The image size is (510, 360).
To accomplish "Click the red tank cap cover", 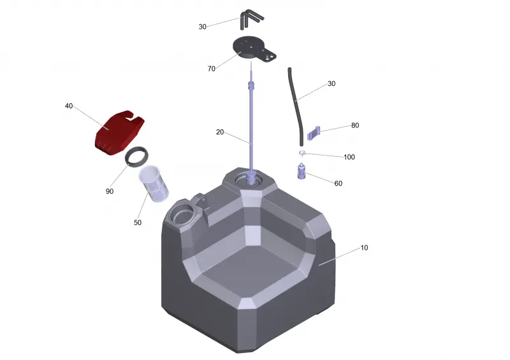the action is point(119,133).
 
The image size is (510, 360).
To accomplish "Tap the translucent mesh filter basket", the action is point(154,184).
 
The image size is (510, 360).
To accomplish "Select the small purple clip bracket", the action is point(314,133).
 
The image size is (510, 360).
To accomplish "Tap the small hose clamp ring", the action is point(302,153).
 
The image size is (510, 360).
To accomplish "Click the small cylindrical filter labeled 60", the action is point(302,171).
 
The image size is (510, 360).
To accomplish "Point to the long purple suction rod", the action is point(251,124).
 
